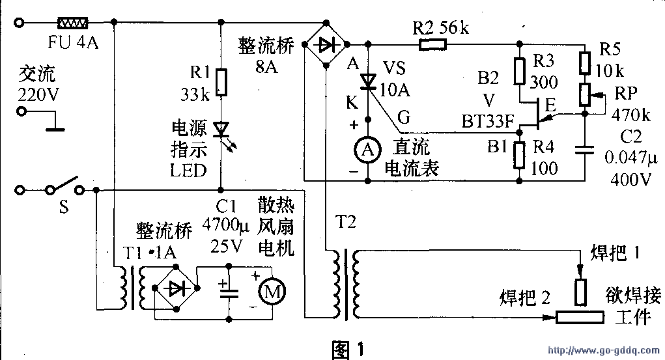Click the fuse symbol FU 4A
pyautogui.click(x=72, y=23)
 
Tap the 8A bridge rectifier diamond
pyautogui.click(x=325, y=44)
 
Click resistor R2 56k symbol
pyautogui.click(x=432, y=44)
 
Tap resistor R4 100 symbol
pyautogui.click(x=519, y=154)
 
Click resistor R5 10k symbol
pyautogui.click(x=585, y=62)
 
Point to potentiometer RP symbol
pyautogui.click(x=585, y=95)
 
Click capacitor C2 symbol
pyautogui.click(x=585, y=150)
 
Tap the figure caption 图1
pyautogui.click(x=350, y=350)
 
